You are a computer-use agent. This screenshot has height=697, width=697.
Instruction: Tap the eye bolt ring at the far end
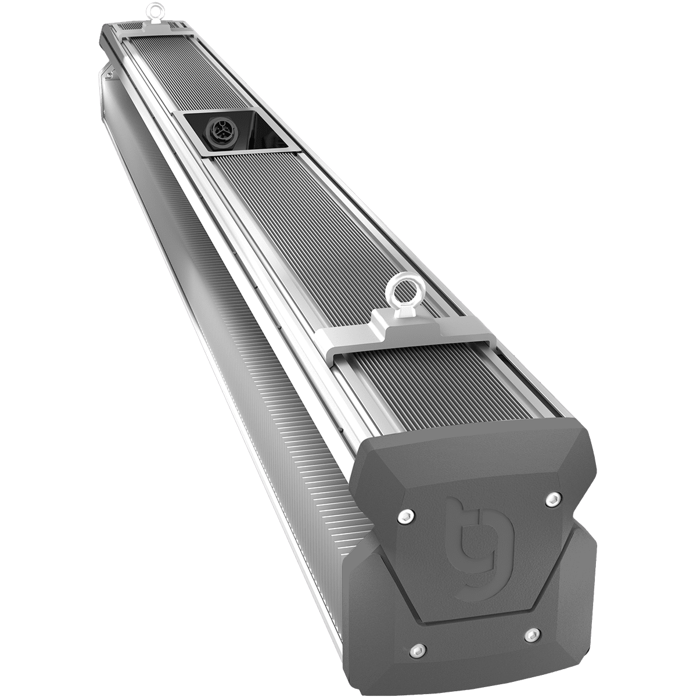tap(154, 10)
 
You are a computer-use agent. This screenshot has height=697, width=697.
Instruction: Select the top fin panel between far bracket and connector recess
tap(174, 76)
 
